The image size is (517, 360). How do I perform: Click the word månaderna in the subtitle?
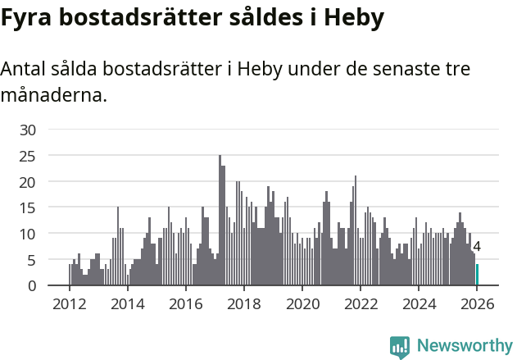tap(53, 96)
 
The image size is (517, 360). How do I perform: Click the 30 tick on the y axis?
tap(28, 130)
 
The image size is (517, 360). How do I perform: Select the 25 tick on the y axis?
tap(28, 155)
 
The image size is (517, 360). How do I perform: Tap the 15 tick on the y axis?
tap(28, 207)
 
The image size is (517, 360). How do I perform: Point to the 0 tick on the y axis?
tap(32, 285)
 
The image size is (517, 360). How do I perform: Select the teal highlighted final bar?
tap(477, 275)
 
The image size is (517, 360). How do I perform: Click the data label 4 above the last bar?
tap(477, 247)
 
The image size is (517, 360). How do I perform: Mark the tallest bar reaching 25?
tap(220, 221)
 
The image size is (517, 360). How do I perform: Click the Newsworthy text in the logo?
tap(464, 346)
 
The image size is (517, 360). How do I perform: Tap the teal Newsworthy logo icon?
tap(400, 347)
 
